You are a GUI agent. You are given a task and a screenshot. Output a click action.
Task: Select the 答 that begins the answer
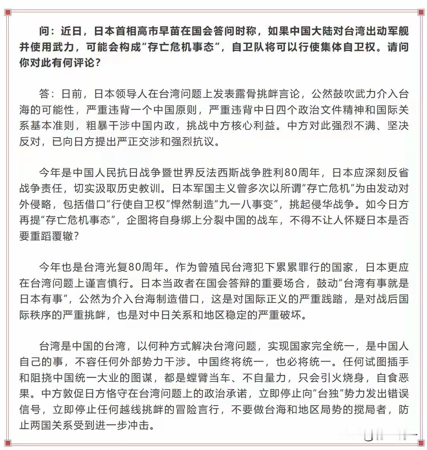coord(44,94)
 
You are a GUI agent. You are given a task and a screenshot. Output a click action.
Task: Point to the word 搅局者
coord(363,409)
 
